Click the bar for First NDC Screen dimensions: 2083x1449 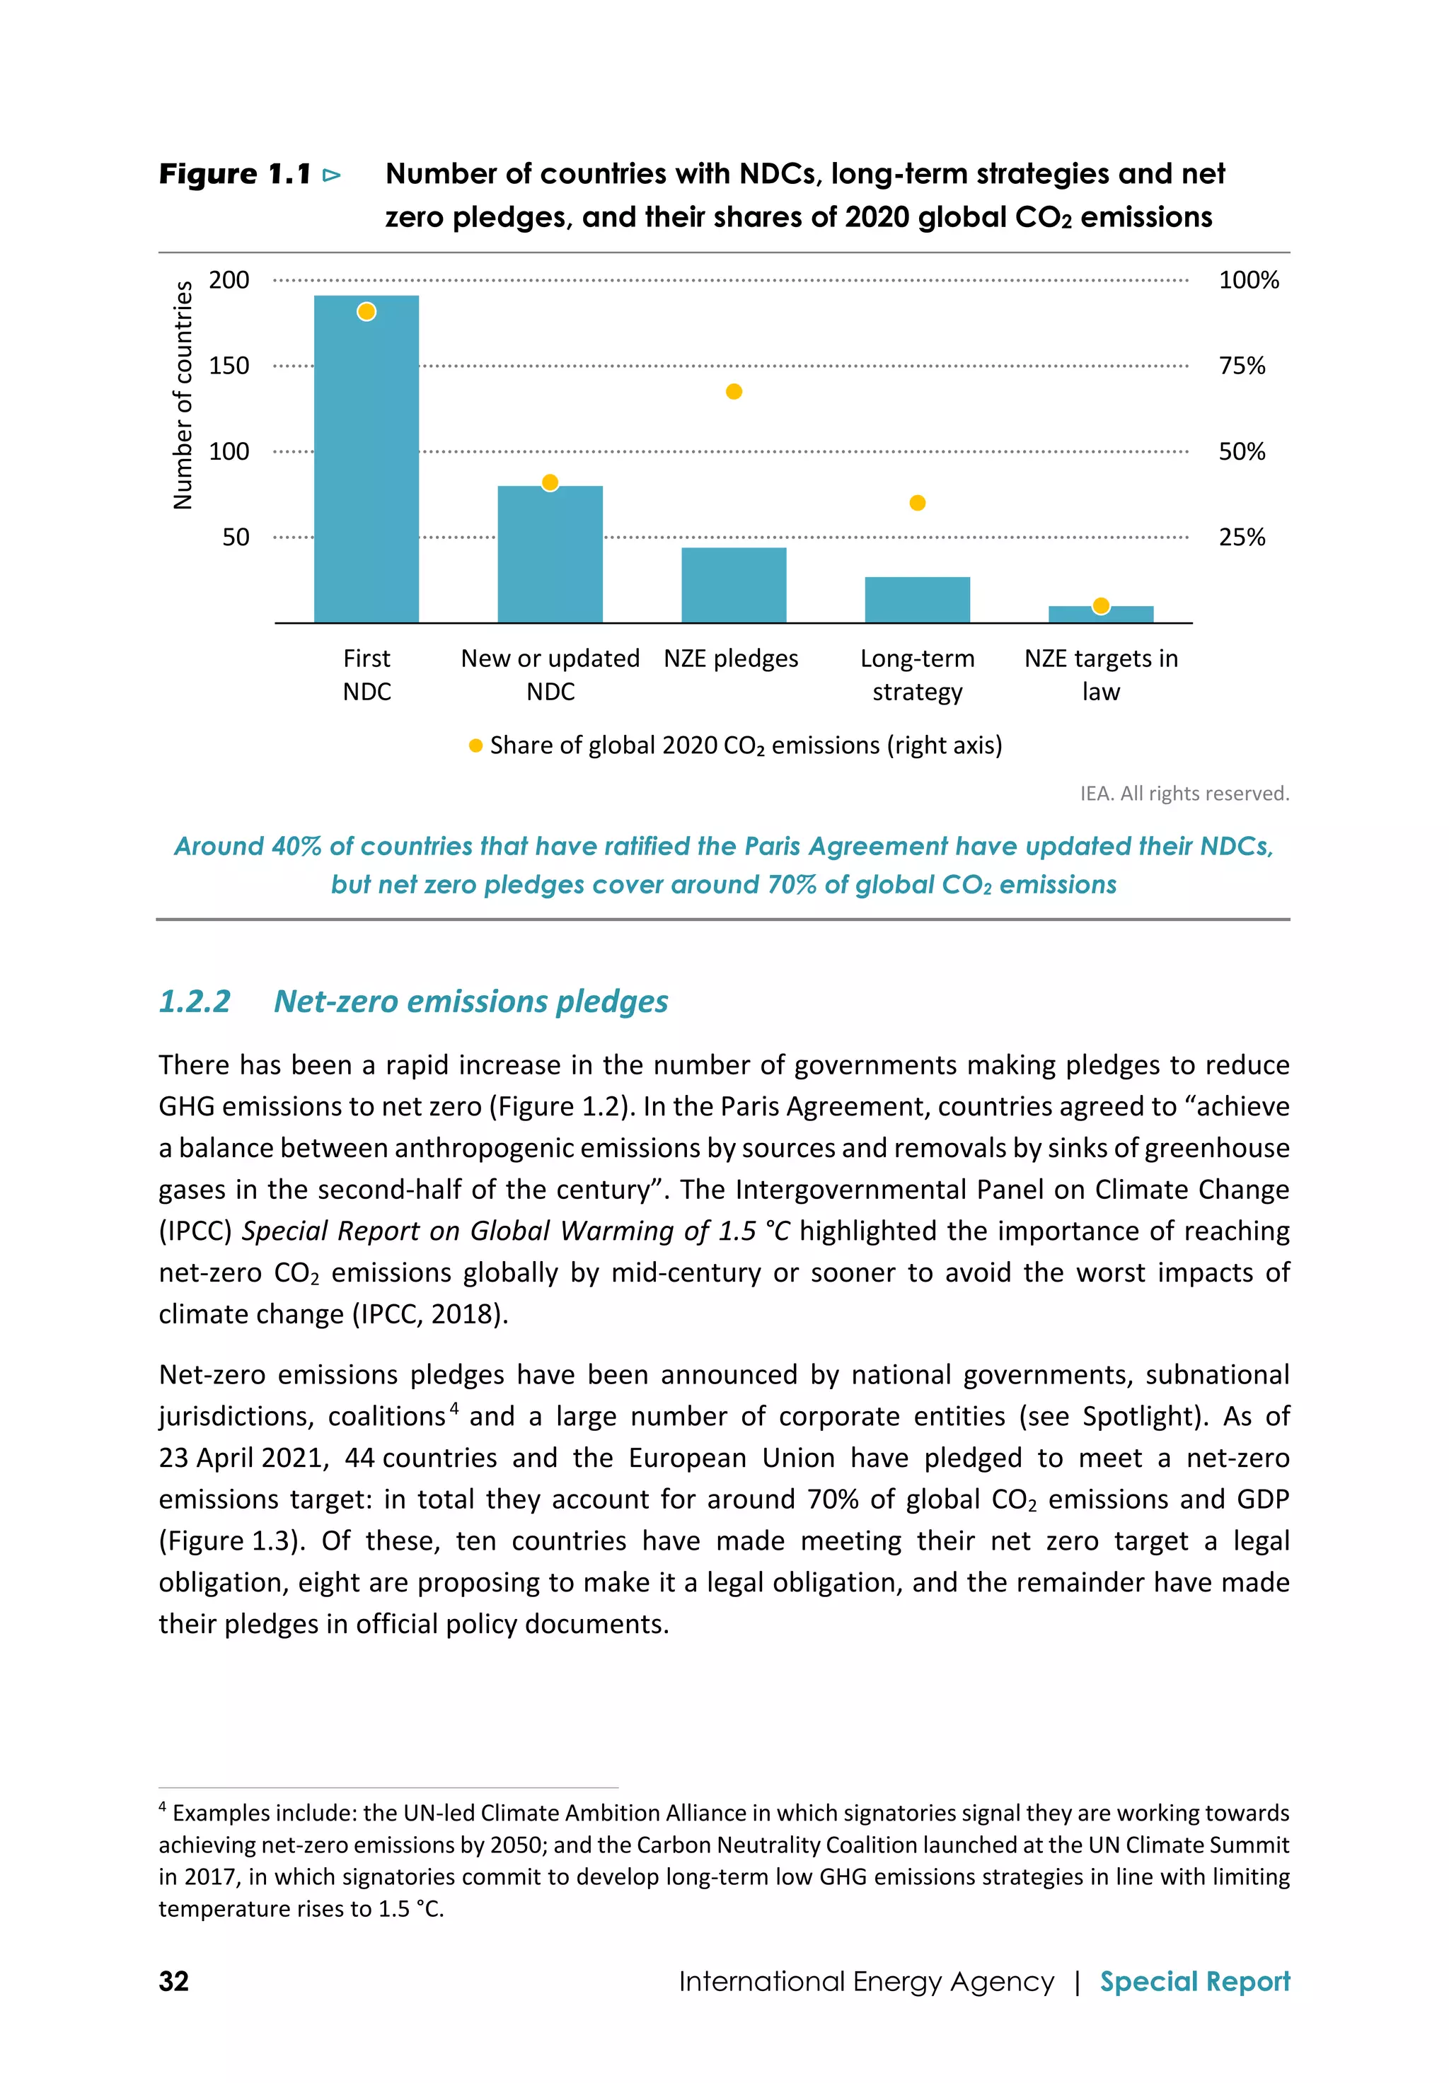(366, 472)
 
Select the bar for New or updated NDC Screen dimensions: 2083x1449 (550, 558)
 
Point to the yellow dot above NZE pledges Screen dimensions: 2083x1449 (734, 391)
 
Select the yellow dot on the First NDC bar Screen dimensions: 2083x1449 (366, 312)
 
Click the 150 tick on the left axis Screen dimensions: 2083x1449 (229, 366)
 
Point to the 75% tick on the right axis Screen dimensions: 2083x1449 (1241, 366)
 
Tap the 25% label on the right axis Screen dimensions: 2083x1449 (1241, 537)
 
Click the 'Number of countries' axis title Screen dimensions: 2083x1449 (183, 395)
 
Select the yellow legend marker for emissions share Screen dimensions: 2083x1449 (475, 745)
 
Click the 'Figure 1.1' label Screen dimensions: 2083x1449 (235, 173)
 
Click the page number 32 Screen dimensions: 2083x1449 (173, 1980)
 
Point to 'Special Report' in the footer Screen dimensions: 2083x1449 (1194, 1980)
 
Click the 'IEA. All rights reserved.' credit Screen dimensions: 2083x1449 (1183, 794)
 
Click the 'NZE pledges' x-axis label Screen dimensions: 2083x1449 (730, 658)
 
